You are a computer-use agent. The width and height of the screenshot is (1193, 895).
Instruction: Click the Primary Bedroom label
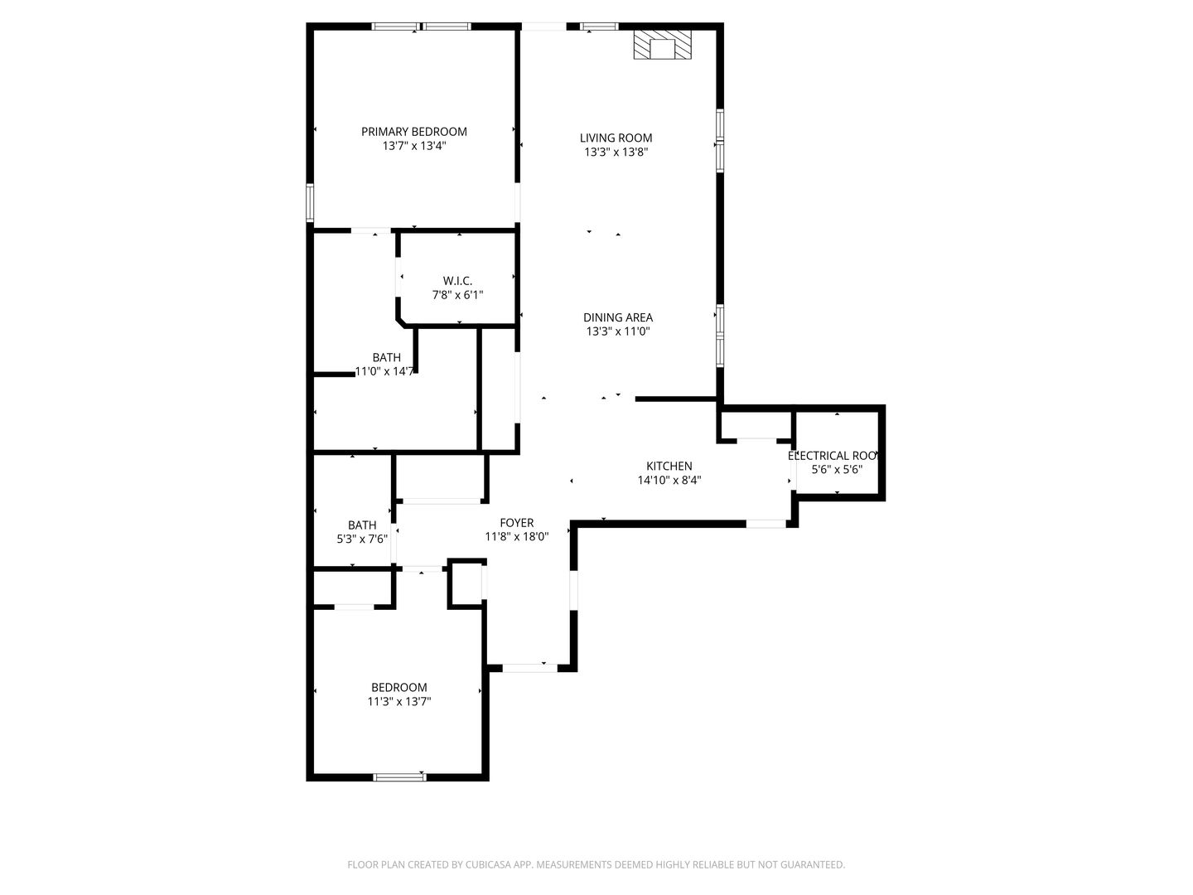413,132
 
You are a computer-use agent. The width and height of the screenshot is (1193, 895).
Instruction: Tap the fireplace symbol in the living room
661,46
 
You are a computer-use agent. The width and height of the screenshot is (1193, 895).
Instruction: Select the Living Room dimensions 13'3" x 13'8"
616,152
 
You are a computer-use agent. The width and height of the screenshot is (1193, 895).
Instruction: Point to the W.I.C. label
457,281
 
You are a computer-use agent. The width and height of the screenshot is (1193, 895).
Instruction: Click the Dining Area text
617,317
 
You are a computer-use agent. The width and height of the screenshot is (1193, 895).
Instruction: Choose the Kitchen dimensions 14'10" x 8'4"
669,480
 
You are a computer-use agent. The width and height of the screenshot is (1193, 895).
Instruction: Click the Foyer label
516,523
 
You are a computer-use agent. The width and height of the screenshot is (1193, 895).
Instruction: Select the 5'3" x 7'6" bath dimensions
362,539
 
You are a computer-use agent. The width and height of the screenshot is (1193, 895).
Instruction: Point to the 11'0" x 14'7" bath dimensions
385,371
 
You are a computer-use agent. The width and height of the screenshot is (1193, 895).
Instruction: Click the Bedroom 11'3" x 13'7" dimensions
399,701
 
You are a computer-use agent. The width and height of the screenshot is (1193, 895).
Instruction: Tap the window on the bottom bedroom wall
399,776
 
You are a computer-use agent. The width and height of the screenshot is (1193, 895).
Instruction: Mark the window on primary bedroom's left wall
310,202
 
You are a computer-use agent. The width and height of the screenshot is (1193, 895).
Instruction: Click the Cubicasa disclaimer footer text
596,864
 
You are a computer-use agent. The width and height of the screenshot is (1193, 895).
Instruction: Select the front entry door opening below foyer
529,667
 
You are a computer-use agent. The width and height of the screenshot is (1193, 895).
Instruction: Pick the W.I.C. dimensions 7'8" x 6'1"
457,295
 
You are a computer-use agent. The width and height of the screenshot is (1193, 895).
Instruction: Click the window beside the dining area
720,336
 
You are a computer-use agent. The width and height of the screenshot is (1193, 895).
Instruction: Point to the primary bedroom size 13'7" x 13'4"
413,146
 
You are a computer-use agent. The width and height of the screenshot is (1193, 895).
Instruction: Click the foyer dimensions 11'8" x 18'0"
516,537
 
